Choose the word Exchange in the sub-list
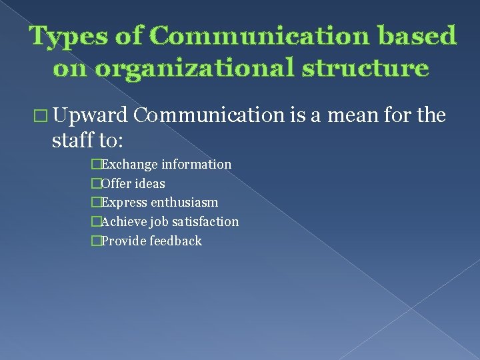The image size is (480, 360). point(129,164)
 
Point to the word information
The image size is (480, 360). point(197,164)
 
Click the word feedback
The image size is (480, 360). point(175,241)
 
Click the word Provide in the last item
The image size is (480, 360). point(123,241)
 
